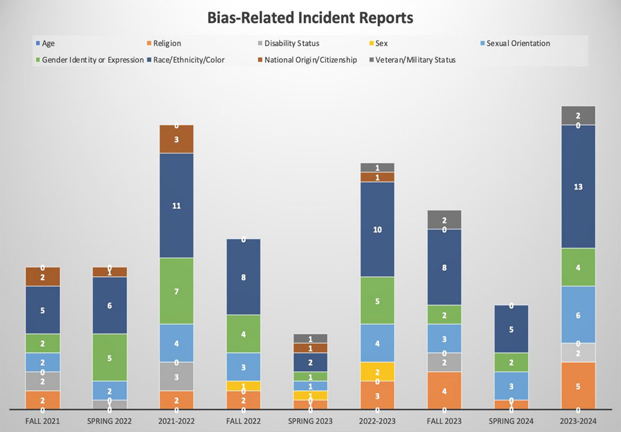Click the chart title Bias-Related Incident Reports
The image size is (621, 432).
(310, 18)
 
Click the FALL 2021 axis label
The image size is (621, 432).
(43, 421)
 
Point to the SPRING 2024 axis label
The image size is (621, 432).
(511, 421)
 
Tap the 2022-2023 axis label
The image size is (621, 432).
(377, 421)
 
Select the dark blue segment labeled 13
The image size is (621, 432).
(578, 187)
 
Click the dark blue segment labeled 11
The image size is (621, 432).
(176, 205)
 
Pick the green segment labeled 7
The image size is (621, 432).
(176, 291)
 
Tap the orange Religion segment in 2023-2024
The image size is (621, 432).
(578, 386)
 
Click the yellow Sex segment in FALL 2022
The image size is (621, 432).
(243, 386)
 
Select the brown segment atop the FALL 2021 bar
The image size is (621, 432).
(43, 277)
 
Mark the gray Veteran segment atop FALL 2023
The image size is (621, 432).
(444, 220)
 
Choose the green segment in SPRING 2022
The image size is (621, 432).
(110, 357)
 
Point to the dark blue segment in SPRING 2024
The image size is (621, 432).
(511, 329)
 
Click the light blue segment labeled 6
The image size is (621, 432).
(578, 315)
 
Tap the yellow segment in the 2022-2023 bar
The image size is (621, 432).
(377, 371)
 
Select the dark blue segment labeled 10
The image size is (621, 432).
(377, 229)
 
